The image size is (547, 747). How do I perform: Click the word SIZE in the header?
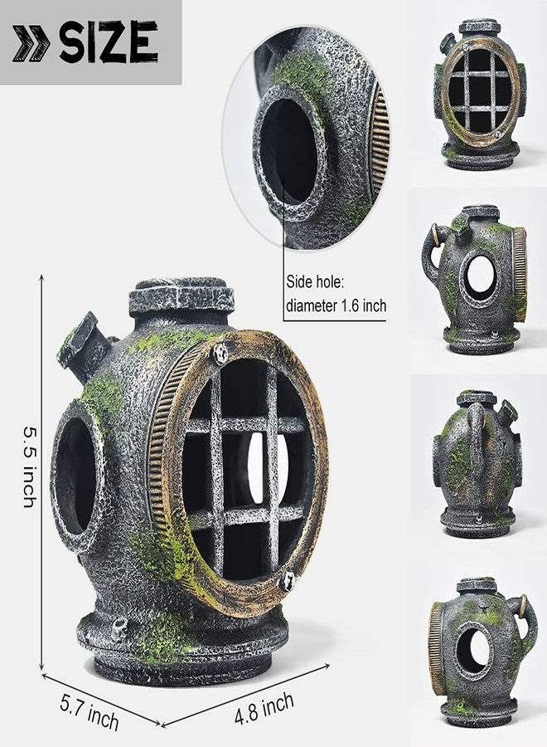point(109,42)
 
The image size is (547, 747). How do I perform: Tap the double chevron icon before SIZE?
point(31,43)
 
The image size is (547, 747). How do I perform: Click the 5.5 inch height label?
point(30,466)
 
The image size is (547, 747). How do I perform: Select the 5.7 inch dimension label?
point(90,712)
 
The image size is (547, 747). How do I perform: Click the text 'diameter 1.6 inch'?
point(336,305)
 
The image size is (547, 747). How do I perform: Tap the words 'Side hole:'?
point(314,282)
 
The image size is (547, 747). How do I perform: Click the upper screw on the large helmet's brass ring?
point(220,353)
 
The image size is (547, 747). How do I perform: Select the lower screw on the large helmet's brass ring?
point(287,581)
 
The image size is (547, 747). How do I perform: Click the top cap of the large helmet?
point(182,295)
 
